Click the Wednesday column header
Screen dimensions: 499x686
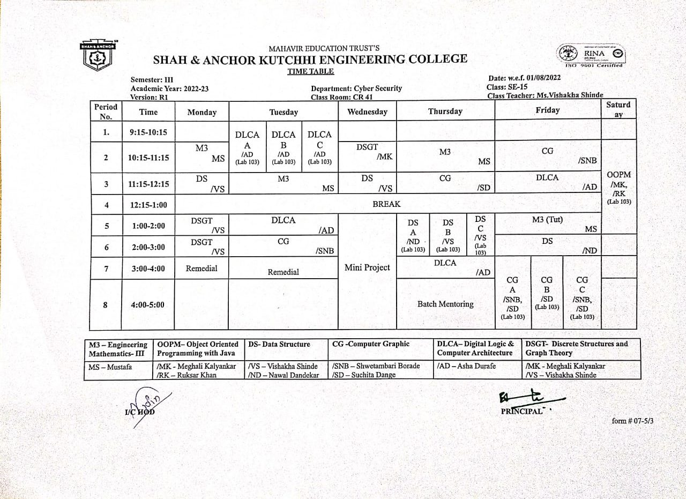click(x=367, y=112)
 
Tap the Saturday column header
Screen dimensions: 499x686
click(x=618, y=109)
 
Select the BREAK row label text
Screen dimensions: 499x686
click(x=386, y=204)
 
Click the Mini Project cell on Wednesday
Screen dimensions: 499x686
click(x=367, y=267)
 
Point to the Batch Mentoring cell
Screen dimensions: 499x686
click(x=445, y=304)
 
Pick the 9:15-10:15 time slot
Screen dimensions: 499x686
click(x=148, y=132)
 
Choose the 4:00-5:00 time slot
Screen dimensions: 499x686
click(x=148, y=304)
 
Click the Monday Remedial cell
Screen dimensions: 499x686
click(x=202, y=269)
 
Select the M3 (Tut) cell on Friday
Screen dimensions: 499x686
click(x=547, y=220)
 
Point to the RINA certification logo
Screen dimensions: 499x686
click(x=590, y=55)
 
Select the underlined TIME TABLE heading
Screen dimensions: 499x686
click(x=310, y=71)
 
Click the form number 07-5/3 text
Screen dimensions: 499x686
click(x=632, y=421)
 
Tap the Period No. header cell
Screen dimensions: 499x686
click(x=106, y=111)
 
